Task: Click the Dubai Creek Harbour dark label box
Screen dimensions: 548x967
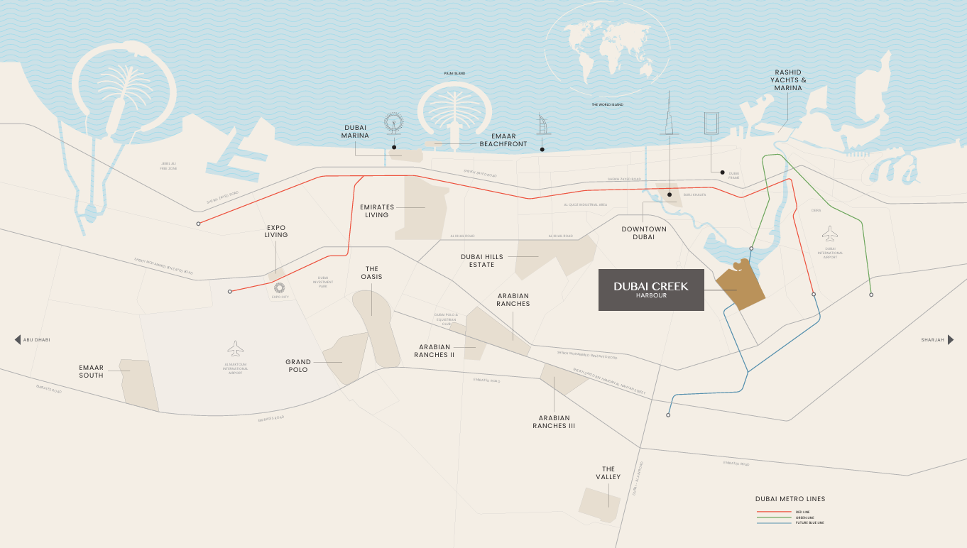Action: (651, 290)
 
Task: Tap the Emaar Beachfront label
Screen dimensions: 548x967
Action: (503, 140)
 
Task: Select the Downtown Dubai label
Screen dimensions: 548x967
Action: (644, 233)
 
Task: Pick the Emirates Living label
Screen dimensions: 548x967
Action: (376, 211)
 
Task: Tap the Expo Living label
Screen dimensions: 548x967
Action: (276, 231)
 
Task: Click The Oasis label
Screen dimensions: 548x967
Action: (371, 273)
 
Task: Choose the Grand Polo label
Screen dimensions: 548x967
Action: (298, 366)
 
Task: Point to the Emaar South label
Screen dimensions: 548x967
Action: (91, 371)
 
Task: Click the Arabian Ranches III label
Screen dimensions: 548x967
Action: (554, 422)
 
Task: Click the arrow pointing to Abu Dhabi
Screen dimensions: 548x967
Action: (18, 340)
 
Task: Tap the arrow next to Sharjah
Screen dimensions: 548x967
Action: (951, 340)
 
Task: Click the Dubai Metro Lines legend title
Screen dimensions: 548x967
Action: (790, 499)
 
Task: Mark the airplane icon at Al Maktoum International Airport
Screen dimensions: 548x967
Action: (236, 349)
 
